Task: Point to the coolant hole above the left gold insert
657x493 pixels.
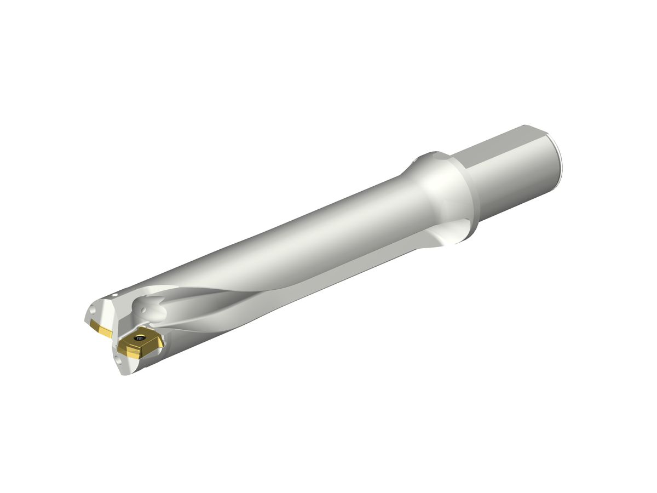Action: tap(92, 311)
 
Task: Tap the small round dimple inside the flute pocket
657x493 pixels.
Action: tap(145, 311)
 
